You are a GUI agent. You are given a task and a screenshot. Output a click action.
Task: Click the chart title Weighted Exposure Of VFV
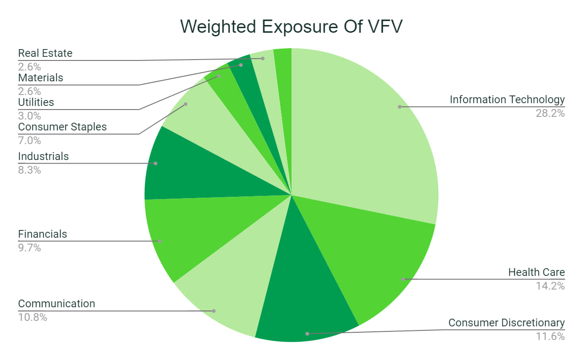(291, 27)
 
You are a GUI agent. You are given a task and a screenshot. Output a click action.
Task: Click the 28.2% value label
(550, 113)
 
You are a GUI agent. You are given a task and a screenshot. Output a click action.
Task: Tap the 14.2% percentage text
(550, 286)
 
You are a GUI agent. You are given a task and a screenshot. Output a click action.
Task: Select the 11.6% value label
(550, 336)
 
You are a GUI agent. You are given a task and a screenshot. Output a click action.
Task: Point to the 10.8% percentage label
(32, 317)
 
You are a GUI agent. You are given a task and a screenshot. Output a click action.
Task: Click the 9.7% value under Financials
(30, 248)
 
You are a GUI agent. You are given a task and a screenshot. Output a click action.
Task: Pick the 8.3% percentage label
(30, 170)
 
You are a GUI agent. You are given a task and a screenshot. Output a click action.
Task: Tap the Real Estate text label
(45, 53)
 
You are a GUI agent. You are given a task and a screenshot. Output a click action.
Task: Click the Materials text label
(40, 78)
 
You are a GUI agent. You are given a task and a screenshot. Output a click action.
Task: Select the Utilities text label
(36, 102)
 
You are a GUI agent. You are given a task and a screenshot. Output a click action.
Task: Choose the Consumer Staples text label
(62, 127)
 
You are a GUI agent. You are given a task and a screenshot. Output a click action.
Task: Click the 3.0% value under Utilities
(30, 115)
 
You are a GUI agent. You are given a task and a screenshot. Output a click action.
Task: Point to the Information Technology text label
(507, 100)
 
